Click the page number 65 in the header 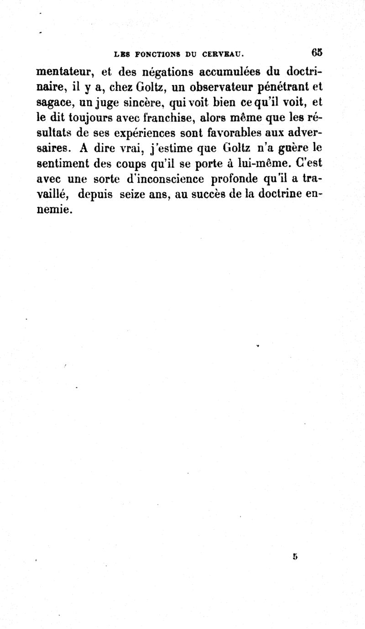(317, 52)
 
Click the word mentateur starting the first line (66, 72)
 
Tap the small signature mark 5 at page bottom (296, 557)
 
